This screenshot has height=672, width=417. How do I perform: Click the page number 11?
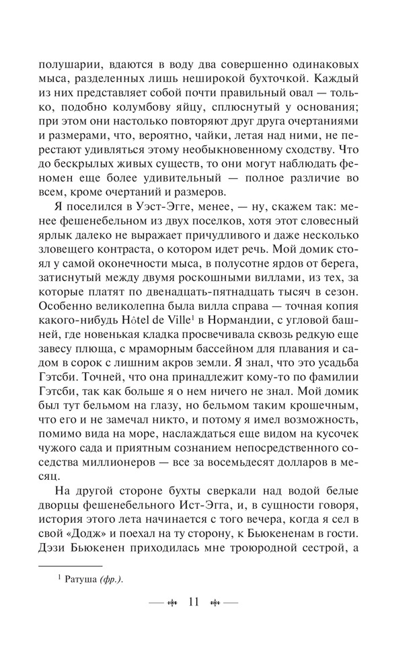pos(195,601)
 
